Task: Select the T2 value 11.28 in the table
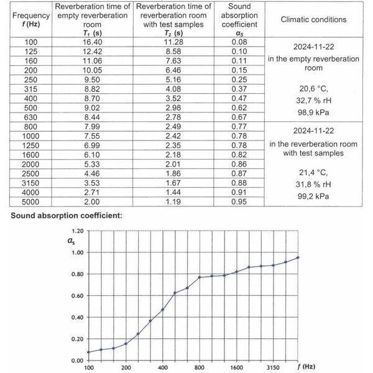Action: click(x=178, y=42)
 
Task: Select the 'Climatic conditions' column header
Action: click(x=313, y=19)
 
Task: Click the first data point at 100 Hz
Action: click(x=89, y=352)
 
